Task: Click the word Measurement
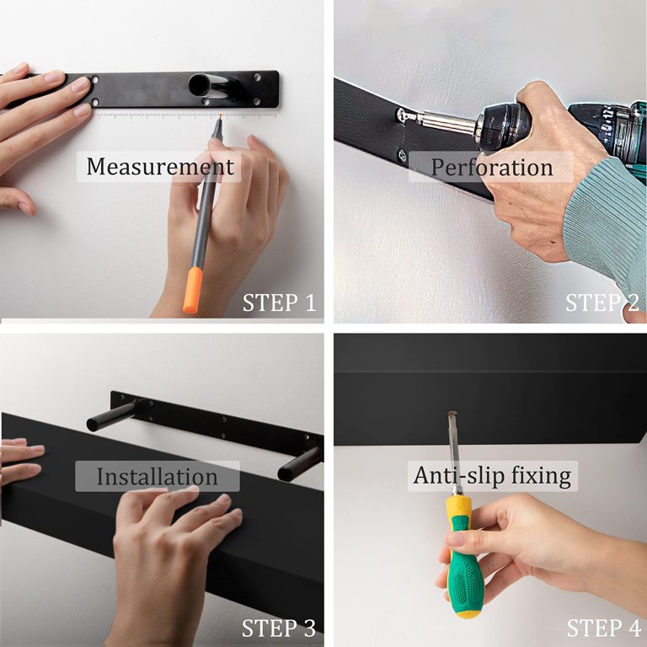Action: [x=159, y=166]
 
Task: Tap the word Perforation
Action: [x=491, y=167]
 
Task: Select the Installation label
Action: [x=157, y=477]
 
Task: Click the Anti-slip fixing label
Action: [x=492, y=476]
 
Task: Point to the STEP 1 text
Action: [x=279, y=302]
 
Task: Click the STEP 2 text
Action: [x=602, y=302]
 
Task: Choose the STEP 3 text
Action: [x=279, y=628]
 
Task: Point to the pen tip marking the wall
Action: [x=219, y=117]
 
